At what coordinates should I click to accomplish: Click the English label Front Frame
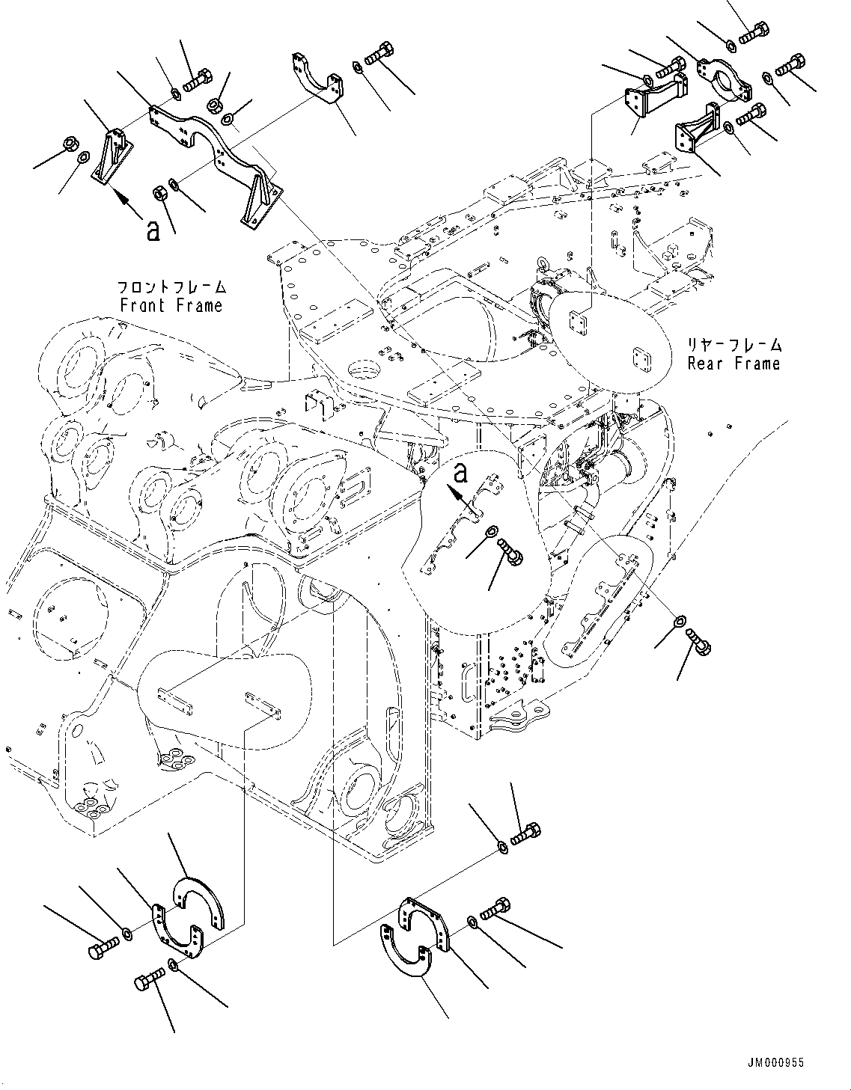point(171,305)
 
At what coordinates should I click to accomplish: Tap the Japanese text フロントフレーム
point(171,287)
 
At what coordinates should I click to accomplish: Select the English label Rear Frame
point(733,364)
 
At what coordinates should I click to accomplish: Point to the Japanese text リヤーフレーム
point(735,346)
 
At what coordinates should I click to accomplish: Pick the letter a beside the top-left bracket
point(153,230)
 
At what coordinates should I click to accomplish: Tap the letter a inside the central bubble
point(462,473)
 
